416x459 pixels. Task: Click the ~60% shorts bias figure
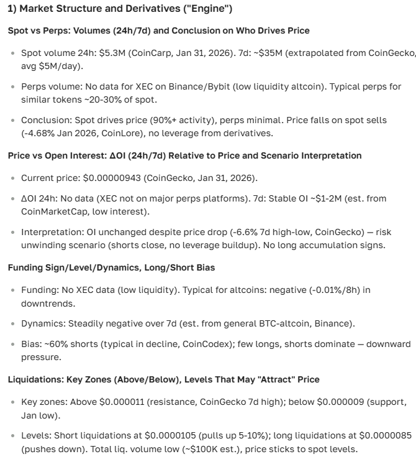(x=57, y=344)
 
